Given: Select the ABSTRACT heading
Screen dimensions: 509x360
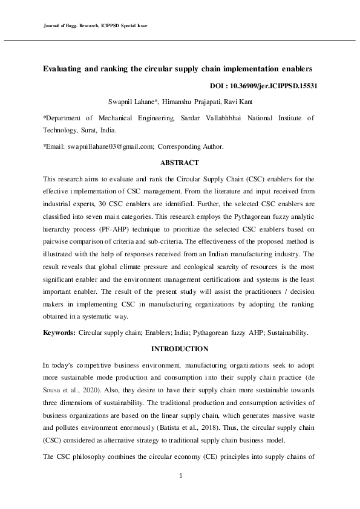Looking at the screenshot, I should click(x=180, y=163).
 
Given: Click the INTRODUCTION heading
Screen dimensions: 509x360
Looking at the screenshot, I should click(x=180, y=349).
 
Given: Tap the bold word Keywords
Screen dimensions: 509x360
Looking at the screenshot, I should click(x=59, y=332).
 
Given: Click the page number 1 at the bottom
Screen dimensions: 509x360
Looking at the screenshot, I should click(x=180, y=476).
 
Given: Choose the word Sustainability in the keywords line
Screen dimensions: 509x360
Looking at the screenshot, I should click(x=285, y=332).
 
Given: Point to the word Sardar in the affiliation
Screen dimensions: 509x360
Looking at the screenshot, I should click(x=192, y=118).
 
